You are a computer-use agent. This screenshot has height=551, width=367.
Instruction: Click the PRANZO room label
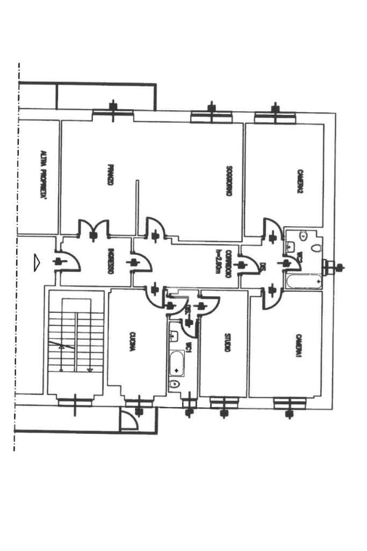point(110,175)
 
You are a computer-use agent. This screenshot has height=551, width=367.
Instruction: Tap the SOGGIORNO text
point(229,180)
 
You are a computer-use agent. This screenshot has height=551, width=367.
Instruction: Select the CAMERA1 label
point(299,345)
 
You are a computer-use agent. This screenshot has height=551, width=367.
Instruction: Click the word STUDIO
point(227,344)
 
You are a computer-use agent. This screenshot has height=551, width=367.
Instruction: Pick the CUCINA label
point(132,341)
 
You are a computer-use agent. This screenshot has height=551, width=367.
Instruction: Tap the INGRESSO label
point(110,261)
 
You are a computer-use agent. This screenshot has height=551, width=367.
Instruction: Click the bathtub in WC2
point(304,281)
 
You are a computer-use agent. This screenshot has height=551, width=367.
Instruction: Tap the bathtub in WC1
point(177,363)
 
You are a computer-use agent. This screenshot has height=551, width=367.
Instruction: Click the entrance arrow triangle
point(37,262)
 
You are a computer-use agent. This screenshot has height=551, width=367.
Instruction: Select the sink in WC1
point(174,336)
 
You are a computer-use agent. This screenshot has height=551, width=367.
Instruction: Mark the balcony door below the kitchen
point(129,420)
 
